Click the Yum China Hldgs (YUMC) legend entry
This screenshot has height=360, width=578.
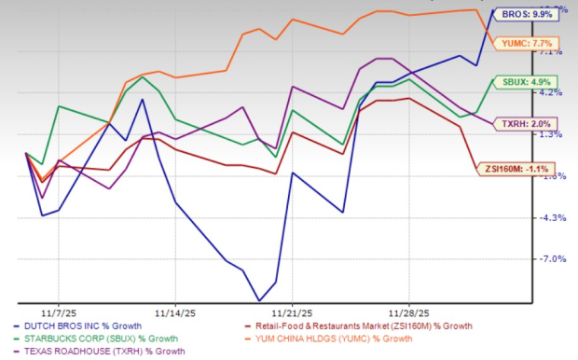point(337,338)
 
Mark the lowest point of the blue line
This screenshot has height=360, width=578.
point(259,301)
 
